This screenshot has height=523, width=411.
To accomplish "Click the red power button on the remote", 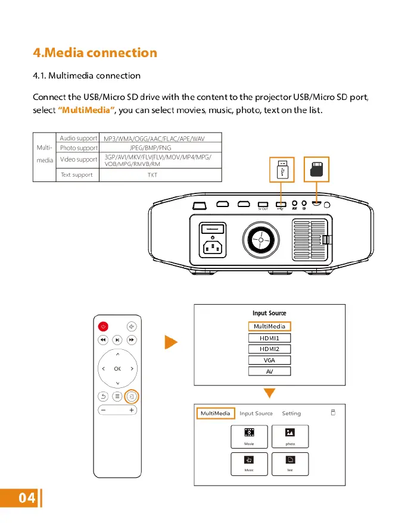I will pos(103,326).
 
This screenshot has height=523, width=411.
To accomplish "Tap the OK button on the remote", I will pos(117,369).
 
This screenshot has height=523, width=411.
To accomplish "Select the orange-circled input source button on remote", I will pos(132,396).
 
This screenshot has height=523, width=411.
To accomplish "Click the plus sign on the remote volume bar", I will pos(131,410).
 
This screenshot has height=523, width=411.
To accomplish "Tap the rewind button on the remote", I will pos(103,340).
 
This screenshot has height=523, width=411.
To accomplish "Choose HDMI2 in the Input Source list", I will pos(269,349).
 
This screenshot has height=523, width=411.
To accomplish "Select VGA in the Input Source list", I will pos(269,360).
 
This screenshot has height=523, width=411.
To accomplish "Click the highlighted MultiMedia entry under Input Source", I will pos(269,326).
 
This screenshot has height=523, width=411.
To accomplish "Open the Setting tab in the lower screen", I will pos(291,414).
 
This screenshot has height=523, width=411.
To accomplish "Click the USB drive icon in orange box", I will pos(282,170).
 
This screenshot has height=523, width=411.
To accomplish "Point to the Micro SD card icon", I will pos(316,170).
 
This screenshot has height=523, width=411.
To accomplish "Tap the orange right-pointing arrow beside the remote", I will pos(171,343).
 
